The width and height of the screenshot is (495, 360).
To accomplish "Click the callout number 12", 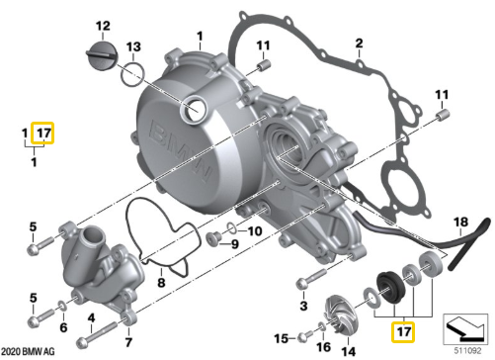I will tap(102, 24).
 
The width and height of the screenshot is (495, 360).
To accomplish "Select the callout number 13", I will tap(134, 46).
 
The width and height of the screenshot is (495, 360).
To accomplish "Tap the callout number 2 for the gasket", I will tap(360, 43).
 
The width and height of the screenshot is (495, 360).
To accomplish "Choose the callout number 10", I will tap(254, 231).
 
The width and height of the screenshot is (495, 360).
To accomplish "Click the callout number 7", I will tap(128, 343).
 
